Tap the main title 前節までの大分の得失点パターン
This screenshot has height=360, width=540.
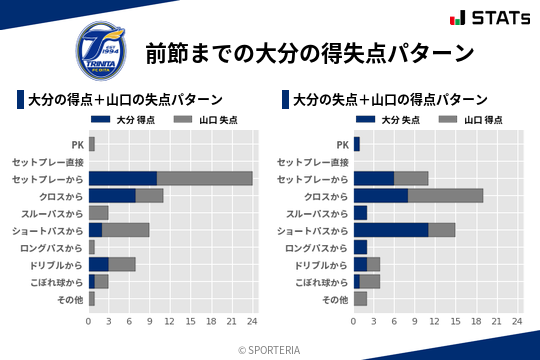308,52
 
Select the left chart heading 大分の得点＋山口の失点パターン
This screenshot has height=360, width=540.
125,100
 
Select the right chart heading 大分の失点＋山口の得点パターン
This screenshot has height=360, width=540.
390,100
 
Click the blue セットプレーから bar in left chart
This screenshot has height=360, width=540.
122,178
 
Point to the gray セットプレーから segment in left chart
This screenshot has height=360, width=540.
204,178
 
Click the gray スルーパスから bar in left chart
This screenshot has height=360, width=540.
99,213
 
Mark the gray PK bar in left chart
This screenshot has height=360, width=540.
92,144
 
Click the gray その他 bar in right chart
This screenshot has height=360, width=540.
360,299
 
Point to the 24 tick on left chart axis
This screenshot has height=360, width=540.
252,322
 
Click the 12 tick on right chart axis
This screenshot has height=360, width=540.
435,322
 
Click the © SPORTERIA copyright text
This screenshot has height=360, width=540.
270,349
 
